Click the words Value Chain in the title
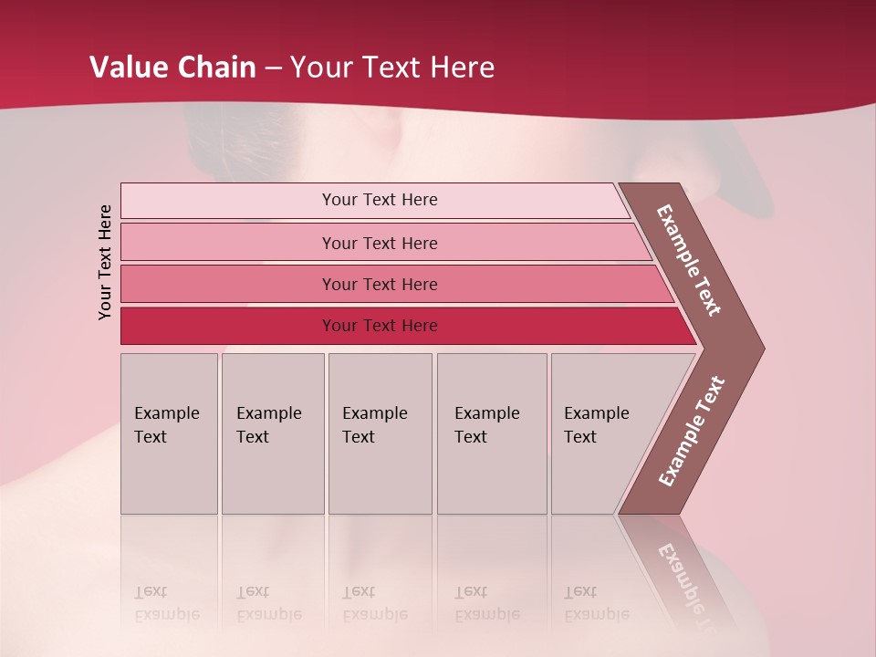click(x=172, y=68)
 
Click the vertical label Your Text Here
click(x=105, y=262)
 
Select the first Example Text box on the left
click(x=169, y=433)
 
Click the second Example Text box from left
click(x=273, y=433)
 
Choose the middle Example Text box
click(x=380, y=433)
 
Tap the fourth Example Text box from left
click(x=492, y=433)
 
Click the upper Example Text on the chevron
click(x=689, y=260)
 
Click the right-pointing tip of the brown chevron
click(x=757, y=348)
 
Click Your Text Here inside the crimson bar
click(x=380, y=326)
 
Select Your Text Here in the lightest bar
click(x=380, y=200)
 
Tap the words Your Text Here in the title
click(x=392, y=68)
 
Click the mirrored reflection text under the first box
click(x=166, y=603)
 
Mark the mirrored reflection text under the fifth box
click(x=596, y=603)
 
